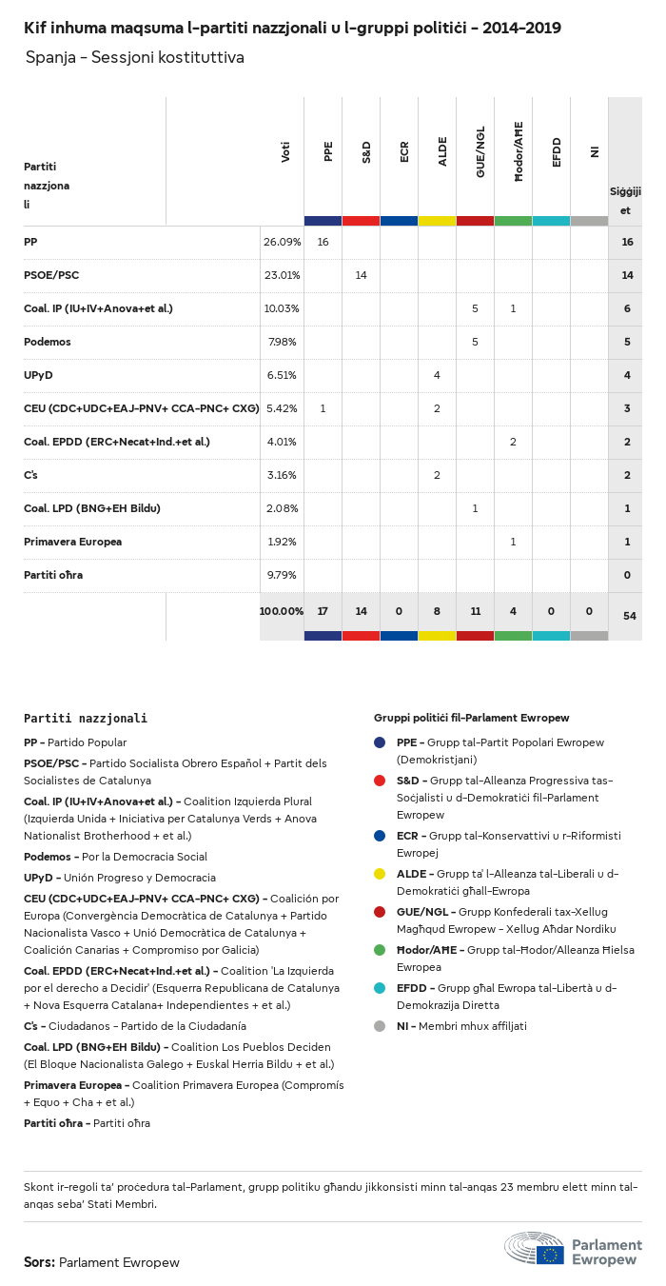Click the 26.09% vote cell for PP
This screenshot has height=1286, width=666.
(x=282, y=243)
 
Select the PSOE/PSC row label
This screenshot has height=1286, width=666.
(x=51, y=276)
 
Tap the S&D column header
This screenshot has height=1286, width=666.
(x=366, y=152)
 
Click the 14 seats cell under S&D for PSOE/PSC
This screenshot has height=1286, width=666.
(x=361, y=276)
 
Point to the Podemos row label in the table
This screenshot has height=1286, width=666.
(x=48, y=343)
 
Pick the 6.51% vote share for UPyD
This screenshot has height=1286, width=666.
(x=282, y=376)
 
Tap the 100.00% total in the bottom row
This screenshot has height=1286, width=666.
(x=282, y=611)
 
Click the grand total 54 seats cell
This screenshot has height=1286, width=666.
(x=629, y=617)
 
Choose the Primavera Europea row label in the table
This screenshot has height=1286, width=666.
(x=72, y=543)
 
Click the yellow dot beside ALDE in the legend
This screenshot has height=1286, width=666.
(x=380, y=874)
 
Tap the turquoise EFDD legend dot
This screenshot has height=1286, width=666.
(x=380, y=988)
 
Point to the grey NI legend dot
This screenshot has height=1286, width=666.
(x=380, y=1026)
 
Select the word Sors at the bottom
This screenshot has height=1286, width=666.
(x=39, y=1262)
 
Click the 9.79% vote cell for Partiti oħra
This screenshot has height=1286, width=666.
(x=282, y=576)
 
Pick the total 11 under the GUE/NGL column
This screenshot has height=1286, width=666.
(x=475, y=611)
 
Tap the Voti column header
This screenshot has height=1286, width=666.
(x=285, y=152)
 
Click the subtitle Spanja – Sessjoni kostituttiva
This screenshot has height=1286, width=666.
(x=135, y=58)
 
